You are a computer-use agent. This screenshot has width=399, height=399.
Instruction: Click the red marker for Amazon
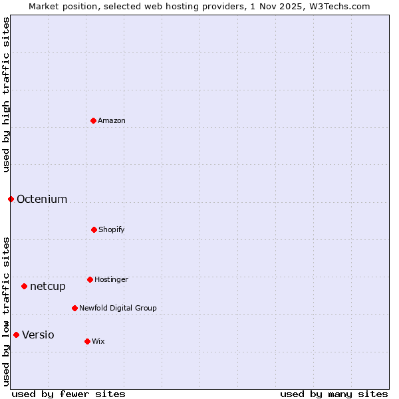point(93,120)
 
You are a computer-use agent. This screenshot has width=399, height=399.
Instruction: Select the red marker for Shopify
point(94,229)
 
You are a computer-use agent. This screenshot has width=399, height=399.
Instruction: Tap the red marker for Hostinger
point(90,279)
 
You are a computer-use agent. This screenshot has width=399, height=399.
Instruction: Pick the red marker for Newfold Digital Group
point(74,308)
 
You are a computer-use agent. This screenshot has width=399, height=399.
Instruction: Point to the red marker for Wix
point(87,341)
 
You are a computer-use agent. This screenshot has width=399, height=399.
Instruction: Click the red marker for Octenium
point(11,199)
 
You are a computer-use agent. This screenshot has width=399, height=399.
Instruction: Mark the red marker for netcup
point(24,286)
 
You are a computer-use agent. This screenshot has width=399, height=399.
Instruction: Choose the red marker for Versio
point(16,334)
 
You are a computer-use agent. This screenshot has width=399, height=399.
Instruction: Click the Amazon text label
point(112,120)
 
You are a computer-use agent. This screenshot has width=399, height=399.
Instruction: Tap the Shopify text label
point(112,229)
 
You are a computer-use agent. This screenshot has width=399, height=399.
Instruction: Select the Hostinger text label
point(111,279)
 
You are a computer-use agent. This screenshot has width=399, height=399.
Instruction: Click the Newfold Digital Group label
point(118,308)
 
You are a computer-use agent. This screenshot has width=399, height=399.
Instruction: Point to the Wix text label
point(98,341)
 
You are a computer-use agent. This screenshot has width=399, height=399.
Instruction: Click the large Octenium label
point(42,199)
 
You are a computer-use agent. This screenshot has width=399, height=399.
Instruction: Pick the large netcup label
point(48,286)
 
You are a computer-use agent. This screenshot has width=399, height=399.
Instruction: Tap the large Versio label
point(38,334)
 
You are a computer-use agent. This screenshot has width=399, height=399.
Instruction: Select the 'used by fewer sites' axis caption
point(68,394)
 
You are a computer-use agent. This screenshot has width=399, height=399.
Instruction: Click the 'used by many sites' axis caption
point(334,394)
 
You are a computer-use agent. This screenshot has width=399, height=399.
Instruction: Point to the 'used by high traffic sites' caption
point(6,94)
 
